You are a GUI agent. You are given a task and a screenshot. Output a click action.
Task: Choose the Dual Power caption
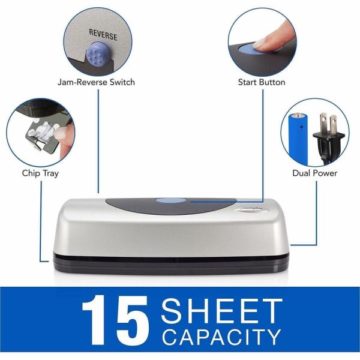[314, 173]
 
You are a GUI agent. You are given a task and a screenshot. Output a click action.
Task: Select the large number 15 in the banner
[114, 319]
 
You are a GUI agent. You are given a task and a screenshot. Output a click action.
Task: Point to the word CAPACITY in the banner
[222, 338]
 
